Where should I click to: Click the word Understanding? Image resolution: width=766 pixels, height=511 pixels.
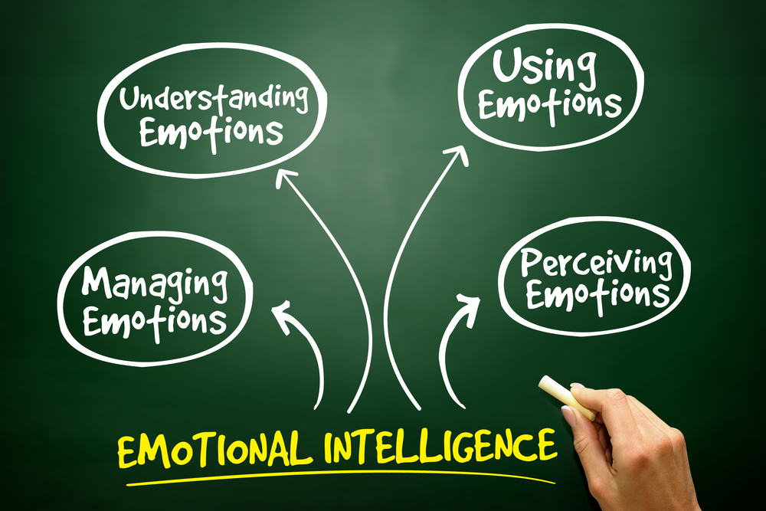[x=214, y=99]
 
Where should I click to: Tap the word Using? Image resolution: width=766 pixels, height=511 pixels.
[x=544, y=67]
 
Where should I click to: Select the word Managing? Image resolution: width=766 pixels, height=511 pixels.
[x=155, y=285]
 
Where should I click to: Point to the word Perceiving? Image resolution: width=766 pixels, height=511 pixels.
[x=596, y=264]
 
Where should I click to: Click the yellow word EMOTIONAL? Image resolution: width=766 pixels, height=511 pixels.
[x=215, y=448]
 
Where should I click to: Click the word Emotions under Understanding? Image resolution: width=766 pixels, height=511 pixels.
[x=211, y=133]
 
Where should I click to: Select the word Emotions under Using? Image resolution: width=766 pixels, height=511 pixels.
[x=549, y=106]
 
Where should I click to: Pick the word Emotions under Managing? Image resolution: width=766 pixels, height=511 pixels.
[x=155, y=323]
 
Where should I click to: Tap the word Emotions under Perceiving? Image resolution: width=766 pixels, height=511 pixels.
[x=597, y=295]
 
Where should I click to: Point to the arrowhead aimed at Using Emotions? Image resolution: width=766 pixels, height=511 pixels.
[x=457, y=155]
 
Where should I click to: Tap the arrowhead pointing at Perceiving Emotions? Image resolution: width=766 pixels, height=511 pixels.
[x=469, y=306]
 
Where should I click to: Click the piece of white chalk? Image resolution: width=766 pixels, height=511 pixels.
[x=566, y=397]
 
